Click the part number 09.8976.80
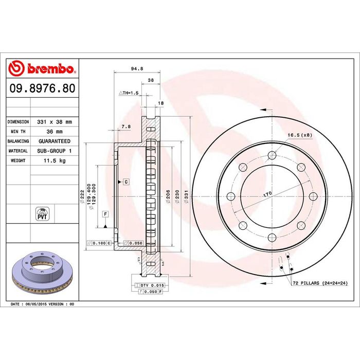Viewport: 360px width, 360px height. point(43,88)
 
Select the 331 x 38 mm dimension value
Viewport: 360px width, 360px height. point(55,122)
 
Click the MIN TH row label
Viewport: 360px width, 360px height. point(18,132)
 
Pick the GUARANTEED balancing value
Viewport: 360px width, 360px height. point(55,141)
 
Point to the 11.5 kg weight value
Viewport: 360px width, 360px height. point(55,160)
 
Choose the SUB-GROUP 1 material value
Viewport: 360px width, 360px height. point(55,151)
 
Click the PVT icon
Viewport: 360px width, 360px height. point(42,214)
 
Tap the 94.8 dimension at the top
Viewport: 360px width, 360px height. point(137,68)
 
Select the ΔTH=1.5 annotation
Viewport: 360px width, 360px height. point(129,93)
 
